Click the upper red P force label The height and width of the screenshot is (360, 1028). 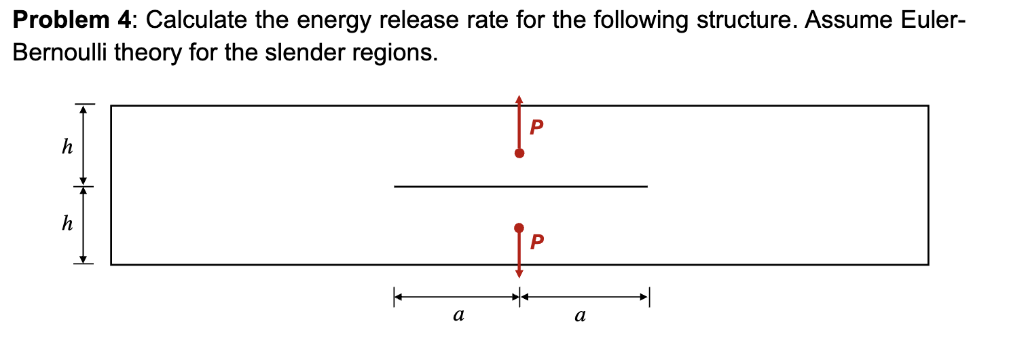click(536, 127)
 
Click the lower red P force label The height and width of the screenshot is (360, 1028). click(536, 241)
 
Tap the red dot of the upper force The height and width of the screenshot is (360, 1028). click(519, 153)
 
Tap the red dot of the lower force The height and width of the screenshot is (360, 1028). click(519, 228)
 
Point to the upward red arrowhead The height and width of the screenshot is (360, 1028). click(519, 99)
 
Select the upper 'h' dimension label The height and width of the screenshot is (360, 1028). click(67, 147)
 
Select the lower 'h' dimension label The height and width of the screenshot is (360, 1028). click(67, 224)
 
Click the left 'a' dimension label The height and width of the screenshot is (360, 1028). click(458, 315)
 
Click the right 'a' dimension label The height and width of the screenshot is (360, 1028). click(579, 315)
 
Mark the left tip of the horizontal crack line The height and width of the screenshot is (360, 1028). click(394, 186)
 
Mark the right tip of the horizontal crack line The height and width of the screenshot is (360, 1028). click(647, 186)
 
